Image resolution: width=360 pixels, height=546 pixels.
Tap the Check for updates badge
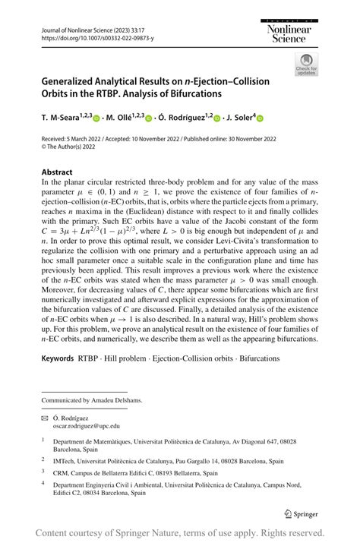306,64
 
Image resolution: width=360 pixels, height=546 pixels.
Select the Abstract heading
57,172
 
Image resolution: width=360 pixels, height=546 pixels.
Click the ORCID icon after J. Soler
260,118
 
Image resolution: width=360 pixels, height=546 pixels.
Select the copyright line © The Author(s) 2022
75,148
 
